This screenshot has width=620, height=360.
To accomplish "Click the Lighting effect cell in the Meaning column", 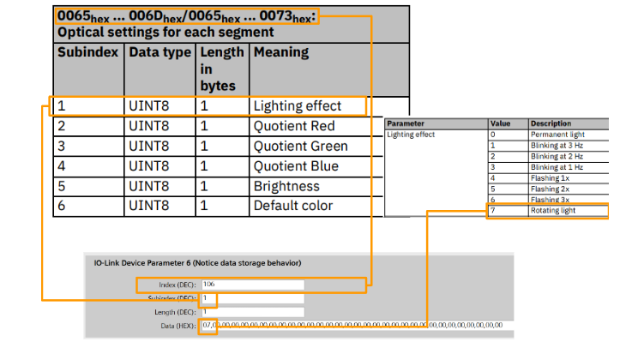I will [x=297, y=106].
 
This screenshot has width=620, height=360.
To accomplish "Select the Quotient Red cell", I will [x=295, y=126].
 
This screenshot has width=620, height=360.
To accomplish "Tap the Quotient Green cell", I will [x=300, y=146].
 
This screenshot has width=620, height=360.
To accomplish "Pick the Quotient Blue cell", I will [x=296, y=165].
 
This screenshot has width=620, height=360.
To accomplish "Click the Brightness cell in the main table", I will [x=286, y=186].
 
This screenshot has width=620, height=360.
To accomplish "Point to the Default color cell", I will [x=293, y=206].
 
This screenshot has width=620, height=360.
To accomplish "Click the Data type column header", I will [x=159, y=52].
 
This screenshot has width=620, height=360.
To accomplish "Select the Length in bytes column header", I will [x=218, y=69].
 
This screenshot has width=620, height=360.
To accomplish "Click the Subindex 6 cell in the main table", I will [x=62, y=206].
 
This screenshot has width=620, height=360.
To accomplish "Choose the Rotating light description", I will [x=553, y=210].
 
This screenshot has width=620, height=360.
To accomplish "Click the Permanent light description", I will [x=557, y=135].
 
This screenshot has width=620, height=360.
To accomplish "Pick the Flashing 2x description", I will [x=549, y=188].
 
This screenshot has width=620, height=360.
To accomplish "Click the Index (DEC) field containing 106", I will [x=252, y=284].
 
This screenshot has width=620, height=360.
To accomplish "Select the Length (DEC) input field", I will [x=252, y=312].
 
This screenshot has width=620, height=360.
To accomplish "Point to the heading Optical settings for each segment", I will [x=165, y=33].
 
